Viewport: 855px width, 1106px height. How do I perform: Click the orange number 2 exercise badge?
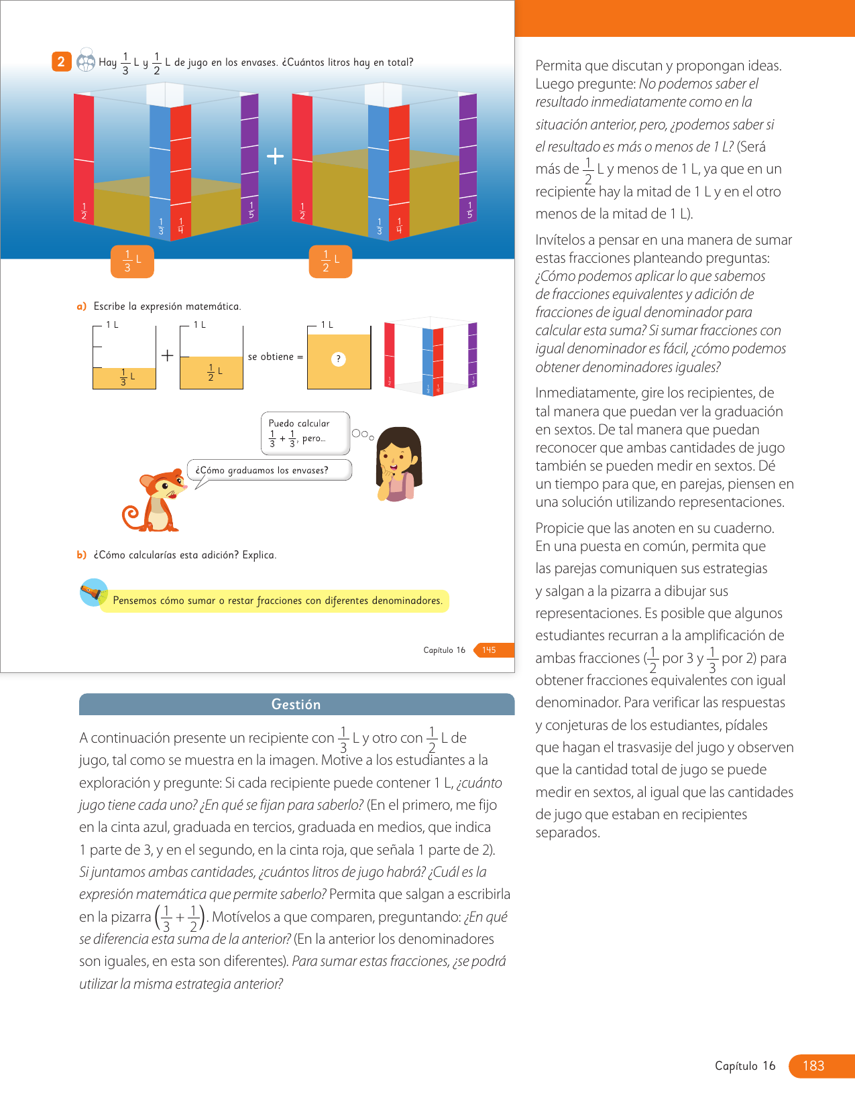[x=61, y=62]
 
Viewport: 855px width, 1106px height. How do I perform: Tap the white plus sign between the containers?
[x=275, y=156]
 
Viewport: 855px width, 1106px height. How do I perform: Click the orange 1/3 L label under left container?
[x=132, y=261]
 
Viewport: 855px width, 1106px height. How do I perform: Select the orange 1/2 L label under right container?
[x=331, y=261]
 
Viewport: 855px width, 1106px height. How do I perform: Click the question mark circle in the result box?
[x=339, y=359]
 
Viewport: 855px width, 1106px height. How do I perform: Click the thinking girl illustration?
[x=399, y=465]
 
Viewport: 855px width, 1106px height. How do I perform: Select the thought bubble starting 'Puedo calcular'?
[x=305, y=432]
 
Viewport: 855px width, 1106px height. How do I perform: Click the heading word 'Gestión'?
[x=296, y=704]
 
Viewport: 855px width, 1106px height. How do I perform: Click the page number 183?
[x=813, y=1066]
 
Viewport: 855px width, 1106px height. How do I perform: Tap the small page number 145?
[x=490, y=650]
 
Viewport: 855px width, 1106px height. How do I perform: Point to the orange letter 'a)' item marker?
[x=82, y=306]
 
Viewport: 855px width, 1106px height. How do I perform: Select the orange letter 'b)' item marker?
[x=82, y=555]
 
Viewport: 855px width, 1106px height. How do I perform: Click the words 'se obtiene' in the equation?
[x=271, y=357]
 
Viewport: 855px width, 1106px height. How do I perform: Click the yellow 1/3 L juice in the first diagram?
[x=124, y=378]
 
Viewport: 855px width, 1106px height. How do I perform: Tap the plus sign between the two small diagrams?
[x=168, y=355]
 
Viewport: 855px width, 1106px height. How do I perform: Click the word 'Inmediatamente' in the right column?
[x=587, y=393]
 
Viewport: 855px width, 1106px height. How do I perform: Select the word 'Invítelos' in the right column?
[x=561, y=240]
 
